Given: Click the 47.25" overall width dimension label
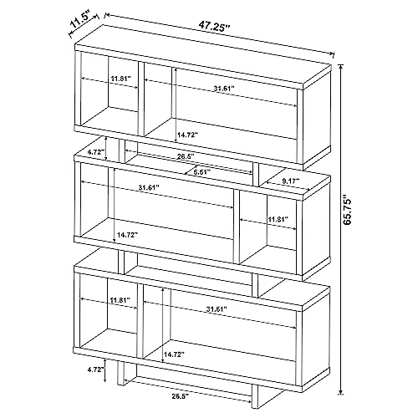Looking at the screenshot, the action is point(214,28).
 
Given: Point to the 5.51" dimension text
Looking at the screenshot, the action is point(201,172).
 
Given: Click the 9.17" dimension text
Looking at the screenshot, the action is point(291,181).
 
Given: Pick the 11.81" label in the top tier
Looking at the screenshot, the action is point(121,79).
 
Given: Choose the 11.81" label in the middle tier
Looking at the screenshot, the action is point(278,219).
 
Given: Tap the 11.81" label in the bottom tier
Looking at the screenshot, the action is point(120,300).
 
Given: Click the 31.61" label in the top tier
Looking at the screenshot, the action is point(224,89).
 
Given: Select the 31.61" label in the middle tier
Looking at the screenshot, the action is point(149,187).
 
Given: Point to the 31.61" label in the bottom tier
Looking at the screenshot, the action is point(217,309).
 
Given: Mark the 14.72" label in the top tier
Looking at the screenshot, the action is point(187,135).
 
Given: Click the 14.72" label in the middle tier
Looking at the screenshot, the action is point(128,235).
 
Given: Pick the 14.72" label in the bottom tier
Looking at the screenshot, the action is point(175,354).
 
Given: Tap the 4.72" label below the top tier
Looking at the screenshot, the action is point(96,152).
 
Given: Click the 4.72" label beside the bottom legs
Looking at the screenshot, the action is point(96,370).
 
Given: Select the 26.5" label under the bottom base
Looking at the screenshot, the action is point(180,395).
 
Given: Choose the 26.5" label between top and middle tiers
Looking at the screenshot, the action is point(186,156).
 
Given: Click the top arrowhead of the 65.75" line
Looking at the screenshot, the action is point(340,66).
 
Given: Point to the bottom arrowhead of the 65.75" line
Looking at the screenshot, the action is point(340,393).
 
